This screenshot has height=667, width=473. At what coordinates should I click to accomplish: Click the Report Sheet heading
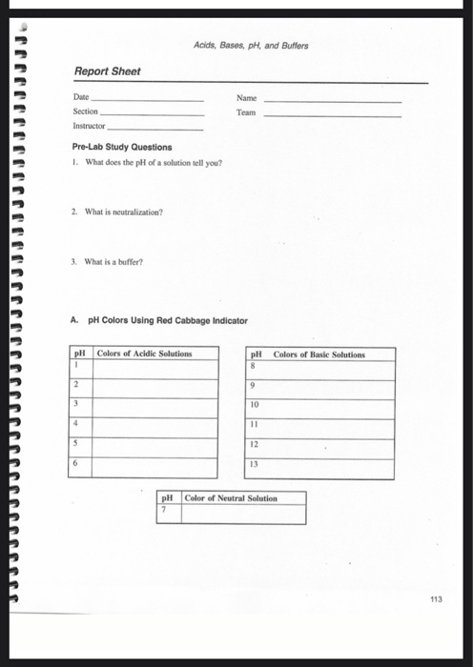click(x=107, y=71)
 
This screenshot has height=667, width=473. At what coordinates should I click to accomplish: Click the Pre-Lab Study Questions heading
click(x=122, y=148)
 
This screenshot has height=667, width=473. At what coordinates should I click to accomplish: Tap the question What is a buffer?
click(x=107, y=235)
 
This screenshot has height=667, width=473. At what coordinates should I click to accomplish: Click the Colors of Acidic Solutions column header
click(x=144, y=354)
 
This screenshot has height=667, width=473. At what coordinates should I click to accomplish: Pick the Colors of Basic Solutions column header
click(x=319, y=355)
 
